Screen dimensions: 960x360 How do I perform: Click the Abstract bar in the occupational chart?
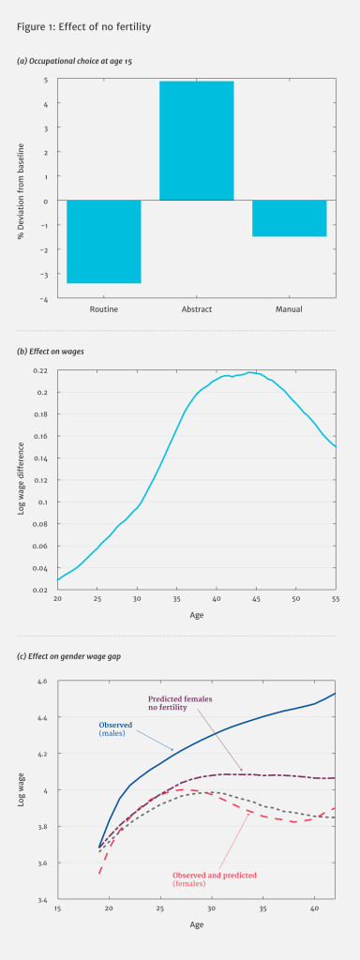point(196,141)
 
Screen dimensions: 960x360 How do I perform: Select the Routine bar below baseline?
point(103,241)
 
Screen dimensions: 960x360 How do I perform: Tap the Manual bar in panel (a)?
point(289,217)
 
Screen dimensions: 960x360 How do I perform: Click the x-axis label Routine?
point(103,308)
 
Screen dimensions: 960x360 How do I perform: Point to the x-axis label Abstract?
point(196,308)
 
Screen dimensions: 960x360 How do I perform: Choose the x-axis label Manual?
point(289,308)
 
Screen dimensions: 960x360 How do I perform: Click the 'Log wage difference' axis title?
point(22,479)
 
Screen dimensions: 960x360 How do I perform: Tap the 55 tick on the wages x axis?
point(335,599)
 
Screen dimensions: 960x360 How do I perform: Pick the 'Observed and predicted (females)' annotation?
point(216,878)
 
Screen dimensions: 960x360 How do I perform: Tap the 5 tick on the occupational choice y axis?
point(46,80)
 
